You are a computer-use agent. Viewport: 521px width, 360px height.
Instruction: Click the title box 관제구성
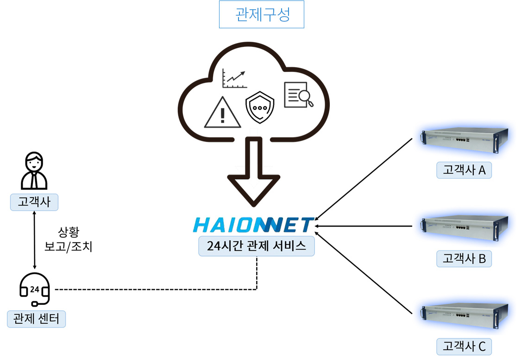click(262, 14)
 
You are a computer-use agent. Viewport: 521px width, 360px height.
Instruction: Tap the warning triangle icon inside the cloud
click(222, 113)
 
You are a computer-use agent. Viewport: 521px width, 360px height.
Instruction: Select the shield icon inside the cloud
click(260, 107)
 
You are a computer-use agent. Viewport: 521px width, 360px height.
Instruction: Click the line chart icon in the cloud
click(235, 78)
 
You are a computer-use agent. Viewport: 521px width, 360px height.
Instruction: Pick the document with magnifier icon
click(298, 95)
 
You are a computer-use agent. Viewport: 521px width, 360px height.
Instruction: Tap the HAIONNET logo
click(253, 225)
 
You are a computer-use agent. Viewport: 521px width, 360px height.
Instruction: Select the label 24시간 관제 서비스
click(257, 246)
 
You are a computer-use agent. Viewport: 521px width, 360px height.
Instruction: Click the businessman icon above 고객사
click(34, 171)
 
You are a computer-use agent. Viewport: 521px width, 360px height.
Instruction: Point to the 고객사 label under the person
click(34, 202)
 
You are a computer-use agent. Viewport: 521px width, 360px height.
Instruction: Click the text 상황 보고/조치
click(68, 240)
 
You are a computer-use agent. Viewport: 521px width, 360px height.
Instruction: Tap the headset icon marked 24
click(35, 289)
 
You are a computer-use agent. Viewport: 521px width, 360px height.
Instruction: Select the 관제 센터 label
click(36, 319)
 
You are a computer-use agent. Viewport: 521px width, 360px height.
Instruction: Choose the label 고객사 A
click(464, 170)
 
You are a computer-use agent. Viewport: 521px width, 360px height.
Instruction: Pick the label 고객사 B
click(464, 259)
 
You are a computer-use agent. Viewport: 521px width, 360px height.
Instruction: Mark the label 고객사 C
click(464, 347)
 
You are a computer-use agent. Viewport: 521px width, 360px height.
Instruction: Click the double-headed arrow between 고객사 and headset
click(35, 240)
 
